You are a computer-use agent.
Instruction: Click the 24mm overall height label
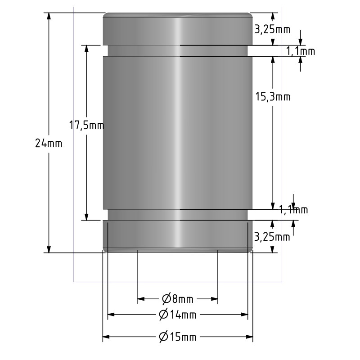pos(49,144)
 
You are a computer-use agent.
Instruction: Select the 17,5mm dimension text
pos(86,126)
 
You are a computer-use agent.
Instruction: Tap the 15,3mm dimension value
pos(273,97)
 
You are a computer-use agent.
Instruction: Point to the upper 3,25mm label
pos(272,30)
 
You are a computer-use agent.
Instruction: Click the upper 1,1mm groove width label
pos(300,51)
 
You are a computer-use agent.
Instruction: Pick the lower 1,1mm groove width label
pos(293,210)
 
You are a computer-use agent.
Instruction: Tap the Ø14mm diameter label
pos(178,315)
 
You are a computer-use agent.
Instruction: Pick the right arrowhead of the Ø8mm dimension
pos(215,298)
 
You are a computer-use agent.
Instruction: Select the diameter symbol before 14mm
pos(164,315)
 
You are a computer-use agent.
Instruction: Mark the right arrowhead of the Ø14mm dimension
pos(245,315)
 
